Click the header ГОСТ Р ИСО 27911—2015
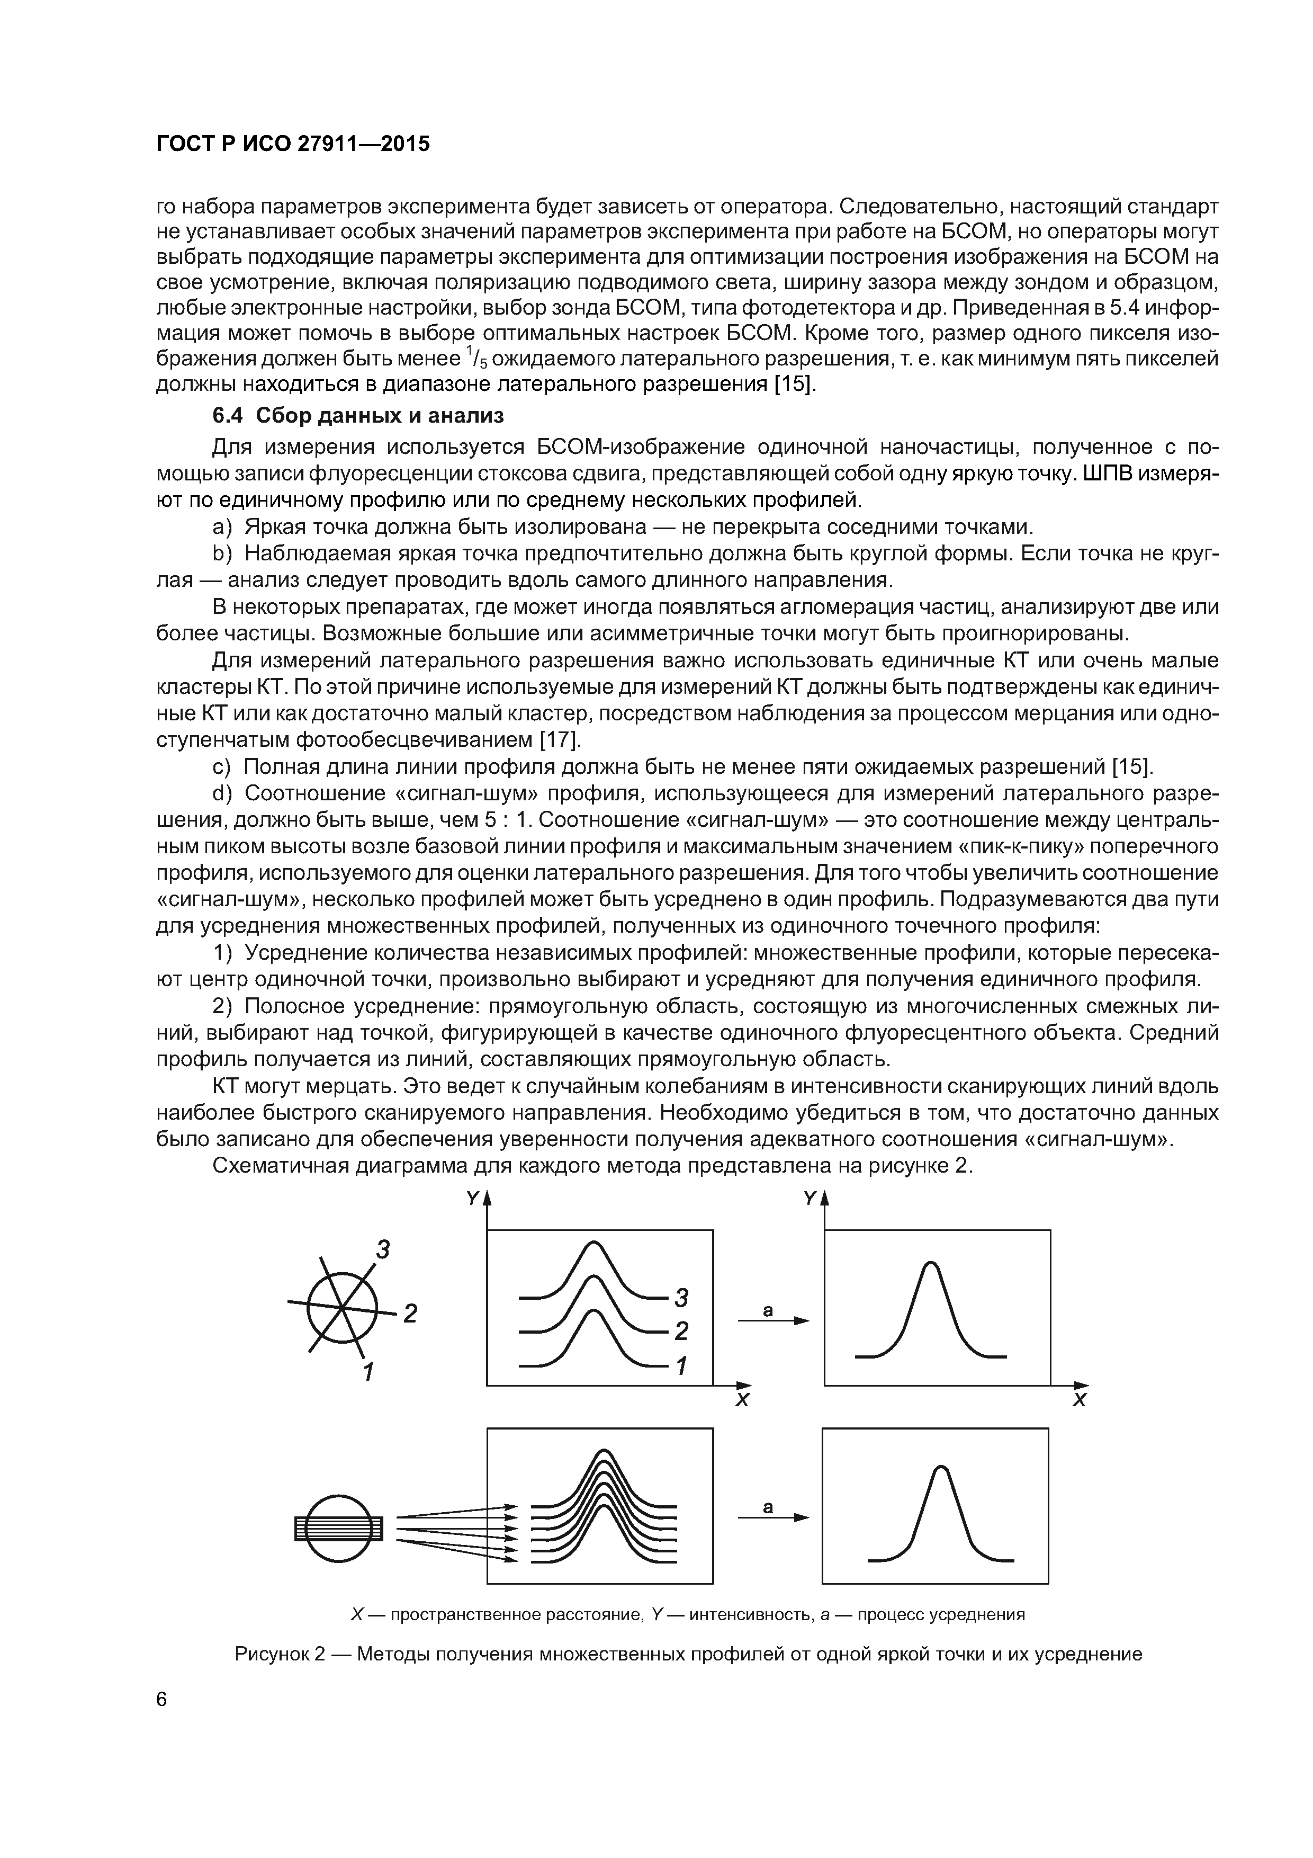point(292,144)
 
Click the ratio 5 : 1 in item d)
point(507,820)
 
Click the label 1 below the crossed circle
point(369,1371)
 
